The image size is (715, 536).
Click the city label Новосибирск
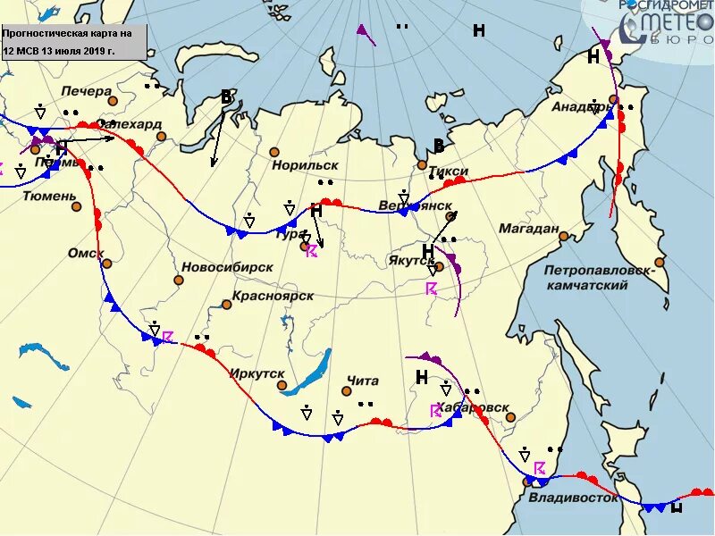coord(227,267)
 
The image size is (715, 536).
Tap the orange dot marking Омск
coord(107,264)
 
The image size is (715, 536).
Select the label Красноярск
coord(273,296)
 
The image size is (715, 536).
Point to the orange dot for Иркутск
coord(282,386)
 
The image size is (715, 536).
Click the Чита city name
coord(362,381)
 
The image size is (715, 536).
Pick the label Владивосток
coord(573,498)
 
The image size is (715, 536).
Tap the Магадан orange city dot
coord(565,237)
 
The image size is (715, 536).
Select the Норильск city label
coord(305,165)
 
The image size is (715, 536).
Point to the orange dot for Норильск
coord(275,152)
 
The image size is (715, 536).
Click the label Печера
coord(87,91)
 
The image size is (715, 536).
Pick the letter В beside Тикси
coord(439,146)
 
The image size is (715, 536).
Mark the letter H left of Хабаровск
coord(422,378)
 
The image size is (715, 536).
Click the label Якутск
coord(411,260)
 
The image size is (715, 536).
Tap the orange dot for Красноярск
coord(227,305)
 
